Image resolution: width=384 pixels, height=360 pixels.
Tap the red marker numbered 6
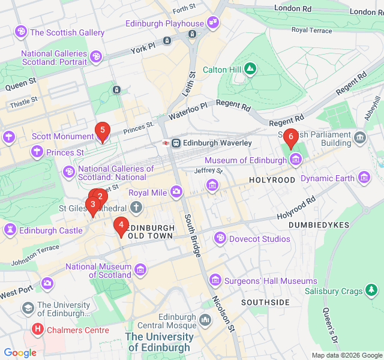(x=291, y=137)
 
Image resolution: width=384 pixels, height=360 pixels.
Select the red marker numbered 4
(x=121, y=226)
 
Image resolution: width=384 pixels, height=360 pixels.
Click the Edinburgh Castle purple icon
(x=10, y=230)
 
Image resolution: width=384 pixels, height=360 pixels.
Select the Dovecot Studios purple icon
(x=220, y=239)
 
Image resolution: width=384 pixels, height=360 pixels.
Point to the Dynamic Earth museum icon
(x=364, y=178)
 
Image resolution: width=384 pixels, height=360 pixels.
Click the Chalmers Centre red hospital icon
(x=38, y=329)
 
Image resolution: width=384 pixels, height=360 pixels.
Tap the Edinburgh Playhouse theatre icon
(x=212, y=23)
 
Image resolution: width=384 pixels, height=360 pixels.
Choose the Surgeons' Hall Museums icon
(x=215, y=281)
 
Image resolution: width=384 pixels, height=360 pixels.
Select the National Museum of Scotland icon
(x=140, y=270)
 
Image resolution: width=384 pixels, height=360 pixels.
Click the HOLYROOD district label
(x=272, y=180)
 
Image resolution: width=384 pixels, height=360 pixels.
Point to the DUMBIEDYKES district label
(x=319, y=224)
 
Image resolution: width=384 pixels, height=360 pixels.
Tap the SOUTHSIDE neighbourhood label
(x=265, y=302)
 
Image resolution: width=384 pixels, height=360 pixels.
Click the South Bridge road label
(x=192, y=236)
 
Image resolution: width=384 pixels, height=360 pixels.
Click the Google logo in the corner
(x=20, y=353)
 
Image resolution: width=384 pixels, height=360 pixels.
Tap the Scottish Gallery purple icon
(x=21, y=32)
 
